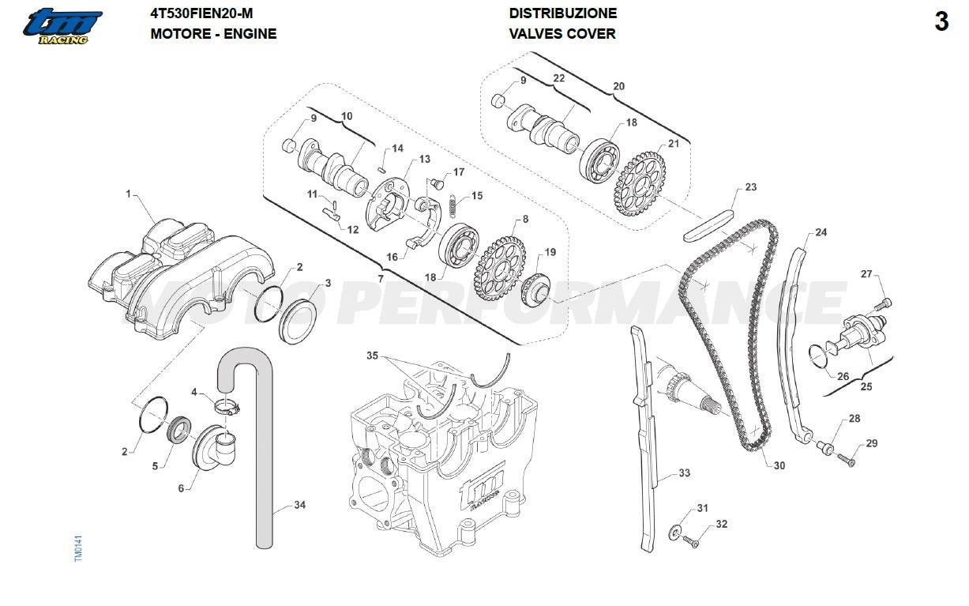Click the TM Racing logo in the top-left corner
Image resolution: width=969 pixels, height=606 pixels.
coord(62,25)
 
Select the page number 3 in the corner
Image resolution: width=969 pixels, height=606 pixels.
coord(941,22)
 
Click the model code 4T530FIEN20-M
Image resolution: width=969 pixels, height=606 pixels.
coord(202,13)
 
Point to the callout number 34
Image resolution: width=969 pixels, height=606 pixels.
coord(299,504)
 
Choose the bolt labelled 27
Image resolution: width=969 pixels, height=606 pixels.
coord(885,303)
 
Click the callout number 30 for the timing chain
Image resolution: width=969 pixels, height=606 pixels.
coord(779,465)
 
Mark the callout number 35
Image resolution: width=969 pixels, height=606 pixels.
coord(373,356)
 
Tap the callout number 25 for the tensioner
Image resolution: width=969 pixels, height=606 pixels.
coord(866,387)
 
